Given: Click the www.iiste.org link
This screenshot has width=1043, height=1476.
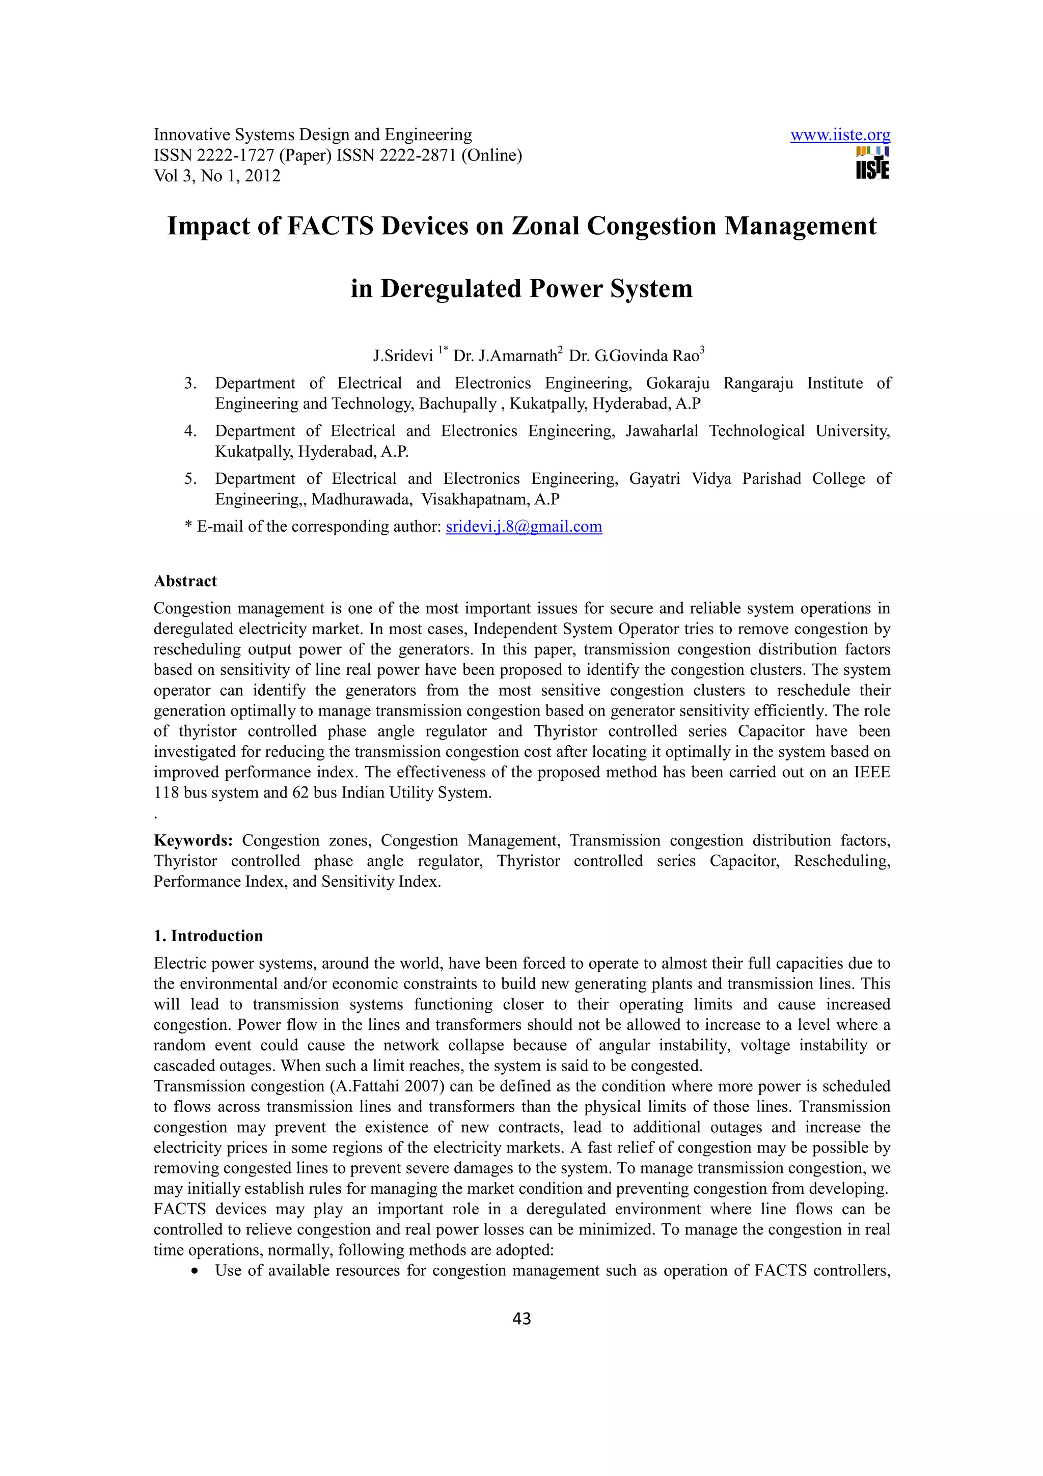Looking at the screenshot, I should pyautogui.click(x=840, y=135).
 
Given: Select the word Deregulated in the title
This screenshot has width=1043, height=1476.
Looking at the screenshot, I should pyautogui.click(x=452, y=289).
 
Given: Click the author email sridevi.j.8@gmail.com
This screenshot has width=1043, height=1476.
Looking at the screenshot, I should pyautogui.click(x=524, y=527).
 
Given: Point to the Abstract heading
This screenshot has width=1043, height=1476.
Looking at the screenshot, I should pyautogui.click(x=185, y=581).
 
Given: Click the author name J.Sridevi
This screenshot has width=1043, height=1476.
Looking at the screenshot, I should pyautogui.click(x=403, y=356).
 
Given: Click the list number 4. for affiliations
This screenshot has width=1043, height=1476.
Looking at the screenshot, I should pyautogui.click(x=190, y=431).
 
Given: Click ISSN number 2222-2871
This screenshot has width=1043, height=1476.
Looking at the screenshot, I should pyautogui.click(x=418, y=155).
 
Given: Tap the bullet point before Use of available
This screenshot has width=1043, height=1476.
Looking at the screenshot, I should pyautogui.click(x=195, y=1271).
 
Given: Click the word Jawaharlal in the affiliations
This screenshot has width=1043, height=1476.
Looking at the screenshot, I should pyautogui.click(x=662, y=431).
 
